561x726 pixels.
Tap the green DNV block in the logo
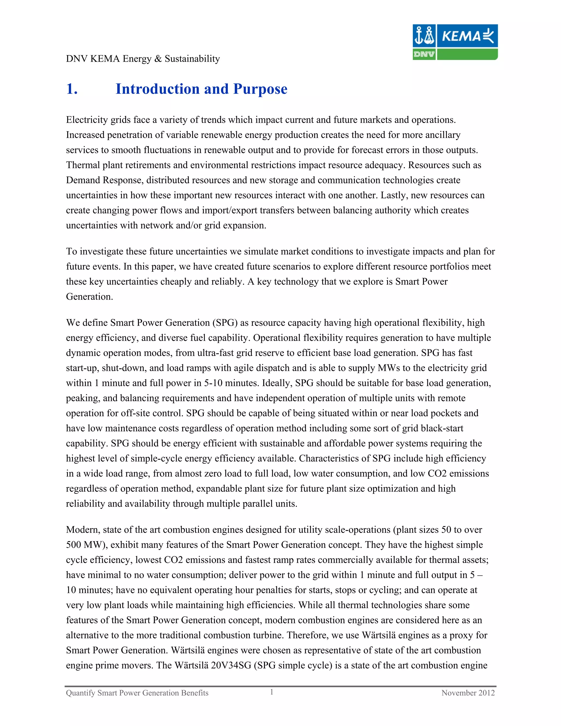[424, 54]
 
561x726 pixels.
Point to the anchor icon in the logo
[419, 35]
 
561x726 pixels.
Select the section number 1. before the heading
[72, 89]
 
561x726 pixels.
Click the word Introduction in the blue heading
[157, 89]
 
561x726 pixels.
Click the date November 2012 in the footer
[468, 693]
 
